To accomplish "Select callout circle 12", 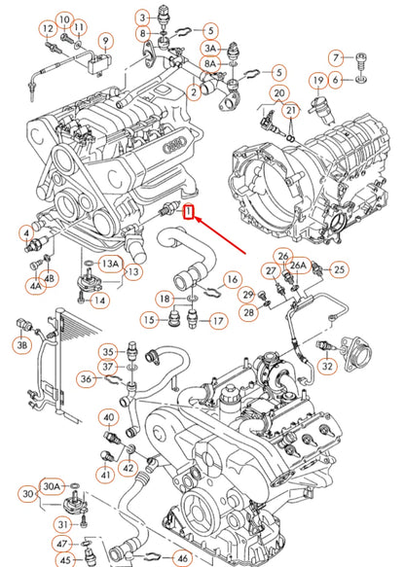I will (47, 30).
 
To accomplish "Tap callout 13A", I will (111, 263).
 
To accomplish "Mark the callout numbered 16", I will (232, 279).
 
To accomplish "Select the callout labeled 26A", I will (299, 265).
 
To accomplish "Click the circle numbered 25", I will (339, 268).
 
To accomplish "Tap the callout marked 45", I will (63, 559).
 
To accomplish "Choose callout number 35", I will (109, 351).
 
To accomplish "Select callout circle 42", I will (129, 468).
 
